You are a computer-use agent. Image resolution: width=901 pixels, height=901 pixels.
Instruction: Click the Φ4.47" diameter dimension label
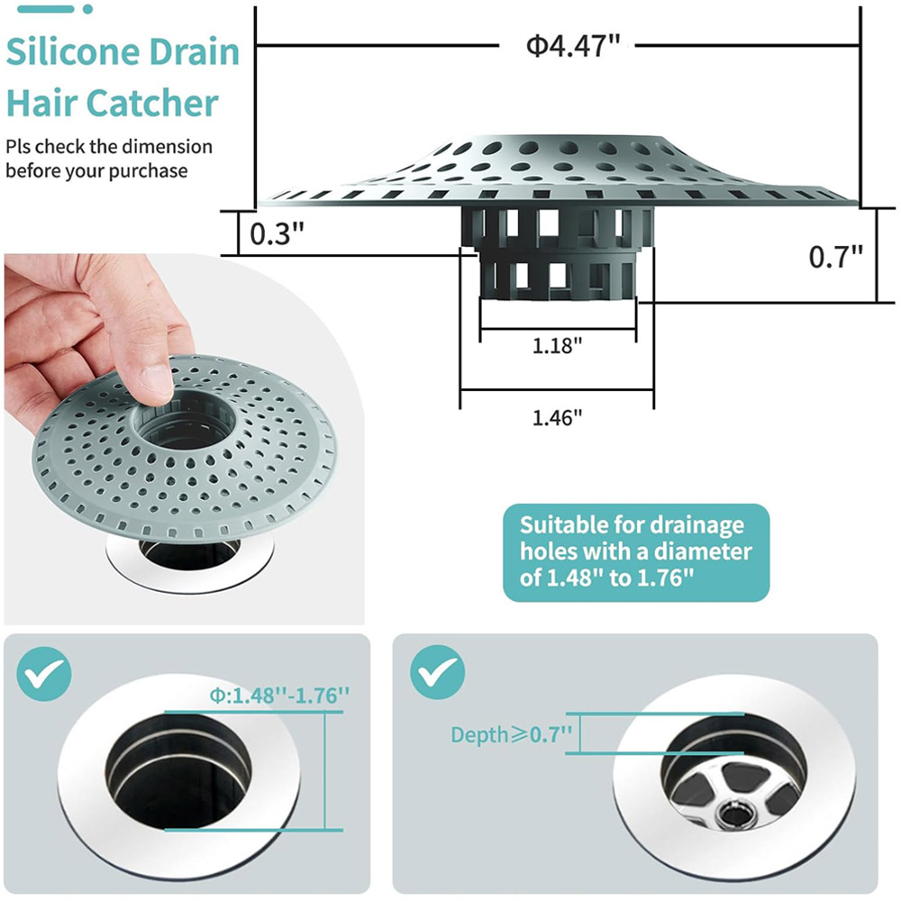[x=573, y=45]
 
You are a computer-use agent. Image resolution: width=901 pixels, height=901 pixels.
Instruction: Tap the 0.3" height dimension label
[x=277, y=233]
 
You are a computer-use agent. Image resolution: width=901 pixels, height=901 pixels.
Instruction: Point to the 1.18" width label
[x=557, y=346]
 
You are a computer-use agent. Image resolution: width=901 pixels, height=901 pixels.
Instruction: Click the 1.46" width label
[x=557, y=418]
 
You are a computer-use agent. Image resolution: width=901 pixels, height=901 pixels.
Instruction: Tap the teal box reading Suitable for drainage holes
[x=635, y=552]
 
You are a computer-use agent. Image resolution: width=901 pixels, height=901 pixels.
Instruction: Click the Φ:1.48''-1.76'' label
[x=279, y=696]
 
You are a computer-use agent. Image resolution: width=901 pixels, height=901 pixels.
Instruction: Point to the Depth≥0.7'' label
[x=512, y=734]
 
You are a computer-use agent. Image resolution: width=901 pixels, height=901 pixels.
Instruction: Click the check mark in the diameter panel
[x=44, y=673]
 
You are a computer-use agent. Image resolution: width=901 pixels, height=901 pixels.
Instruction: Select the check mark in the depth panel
[x=438, y=672]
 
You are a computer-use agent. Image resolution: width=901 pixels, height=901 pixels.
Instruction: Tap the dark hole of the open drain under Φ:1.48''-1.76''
[x=178, y=772]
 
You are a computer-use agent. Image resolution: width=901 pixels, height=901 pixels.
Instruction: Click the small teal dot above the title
[x=87, y=9]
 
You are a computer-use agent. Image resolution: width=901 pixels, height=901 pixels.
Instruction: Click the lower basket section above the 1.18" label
[x=558, y=275]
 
